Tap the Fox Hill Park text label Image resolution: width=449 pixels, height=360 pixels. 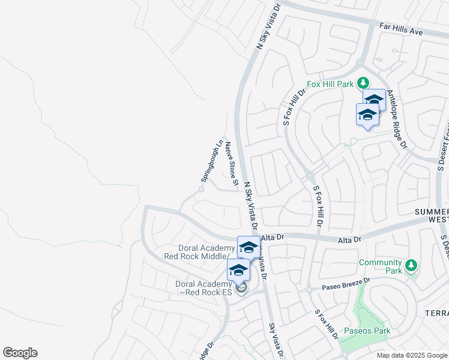330,84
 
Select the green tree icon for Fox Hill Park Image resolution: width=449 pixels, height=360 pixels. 363,82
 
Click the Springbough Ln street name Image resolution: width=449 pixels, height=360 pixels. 211,161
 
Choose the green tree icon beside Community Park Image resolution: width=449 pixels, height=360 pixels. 411,265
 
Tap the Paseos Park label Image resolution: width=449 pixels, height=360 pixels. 367,331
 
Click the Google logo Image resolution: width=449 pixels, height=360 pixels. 20,353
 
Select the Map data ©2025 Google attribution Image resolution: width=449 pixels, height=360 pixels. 411,355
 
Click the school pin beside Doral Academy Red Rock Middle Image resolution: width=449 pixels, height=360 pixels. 249,247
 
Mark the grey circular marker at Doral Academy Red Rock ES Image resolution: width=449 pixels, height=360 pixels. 241,289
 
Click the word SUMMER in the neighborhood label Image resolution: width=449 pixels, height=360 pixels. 431,212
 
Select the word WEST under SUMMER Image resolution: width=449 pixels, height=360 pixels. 438,220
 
